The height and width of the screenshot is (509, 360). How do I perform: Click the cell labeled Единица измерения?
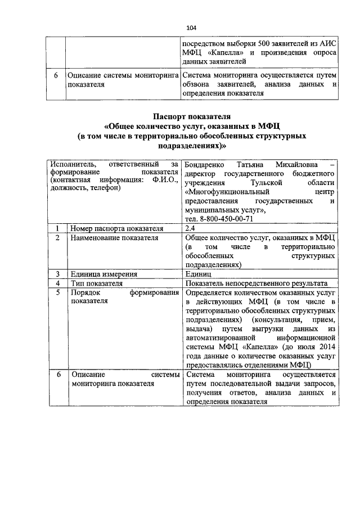click(103, 274)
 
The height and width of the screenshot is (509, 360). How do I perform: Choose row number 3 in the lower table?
click(57, 274)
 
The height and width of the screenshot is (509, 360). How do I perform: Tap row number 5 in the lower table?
click(57, 293)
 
